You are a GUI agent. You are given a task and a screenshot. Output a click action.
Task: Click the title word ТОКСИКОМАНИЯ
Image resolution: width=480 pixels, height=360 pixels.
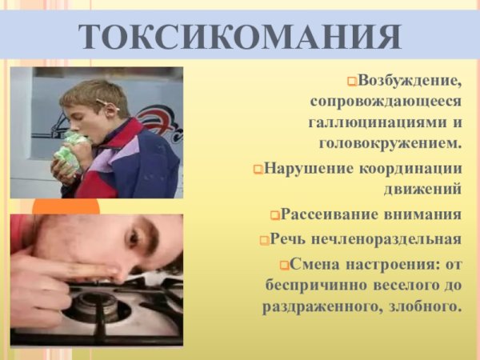pyautogui.click(x=240, y=35)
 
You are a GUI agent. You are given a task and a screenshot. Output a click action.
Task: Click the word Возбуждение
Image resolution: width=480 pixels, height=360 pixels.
pyautogui.click(x=410, y=81)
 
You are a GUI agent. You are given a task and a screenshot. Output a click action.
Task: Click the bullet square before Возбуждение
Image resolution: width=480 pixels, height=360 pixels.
pyautogui.click(x=353, y=82)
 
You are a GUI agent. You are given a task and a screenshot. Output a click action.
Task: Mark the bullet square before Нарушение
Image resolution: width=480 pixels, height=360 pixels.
pyautogui.click(x=258, y=170)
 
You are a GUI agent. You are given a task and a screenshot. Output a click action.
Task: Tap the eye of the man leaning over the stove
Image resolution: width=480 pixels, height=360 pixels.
pyautogui.click(x=132, y=238)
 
